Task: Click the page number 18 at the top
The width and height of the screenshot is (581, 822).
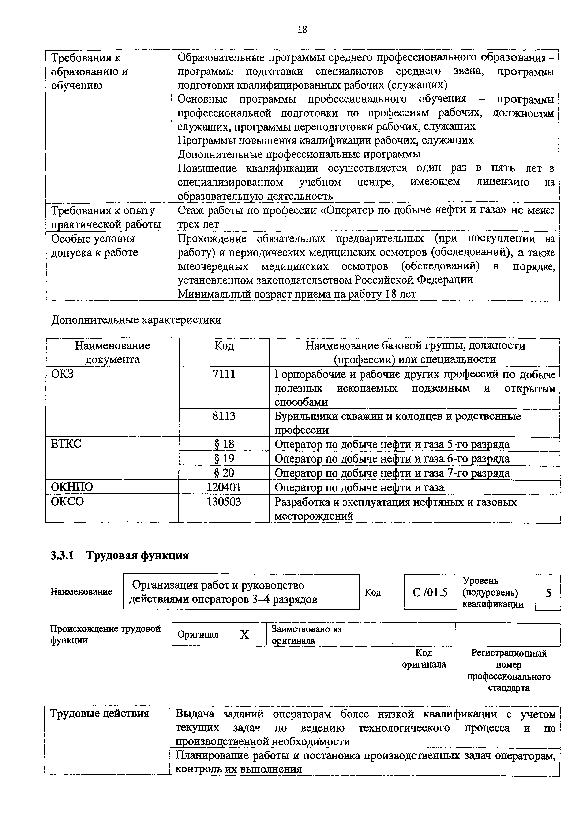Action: (x=302, y=29)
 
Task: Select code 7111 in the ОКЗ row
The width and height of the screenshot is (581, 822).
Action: (x=224, y=374)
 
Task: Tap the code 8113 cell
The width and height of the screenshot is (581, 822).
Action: (x=224, y=416)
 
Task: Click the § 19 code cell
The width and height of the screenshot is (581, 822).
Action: (x=224, y=459)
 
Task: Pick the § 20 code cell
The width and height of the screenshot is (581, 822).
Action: (x=224, y=473)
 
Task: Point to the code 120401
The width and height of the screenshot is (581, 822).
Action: (x=224, y=487)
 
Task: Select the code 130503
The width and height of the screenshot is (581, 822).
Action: (x=224, y=502)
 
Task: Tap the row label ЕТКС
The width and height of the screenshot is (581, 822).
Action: (x=66, y=444)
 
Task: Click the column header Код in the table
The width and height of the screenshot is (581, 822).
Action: (x=224, y=346)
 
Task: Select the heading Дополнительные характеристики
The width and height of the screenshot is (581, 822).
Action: (x=136, y=320)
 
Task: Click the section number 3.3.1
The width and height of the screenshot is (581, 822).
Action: (x=62, y=555)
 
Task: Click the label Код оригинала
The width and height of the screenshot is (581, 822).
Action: (x=424, y=659)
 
